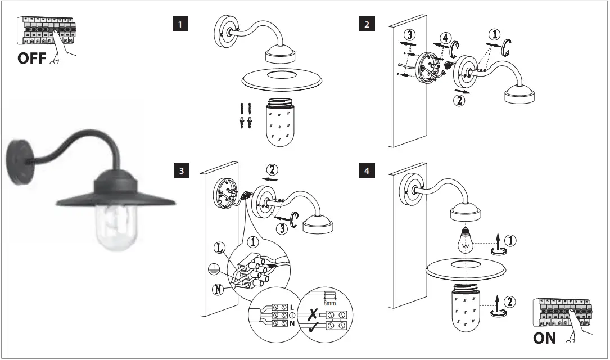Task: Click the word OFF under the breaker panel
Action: pos(35,59)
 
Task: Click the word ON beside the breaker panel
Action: pos(544,338)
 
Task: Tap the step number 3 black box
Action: pos(180,172)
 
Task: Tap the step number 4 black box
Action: pos(367,172)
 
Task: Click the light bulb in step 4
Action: pos(466,242)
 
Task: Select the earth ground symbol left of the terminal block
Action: pos(213,269)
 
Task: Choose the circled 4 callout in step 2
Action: pos(445,39)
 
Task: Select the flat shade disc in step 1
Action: pos(282,80)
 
